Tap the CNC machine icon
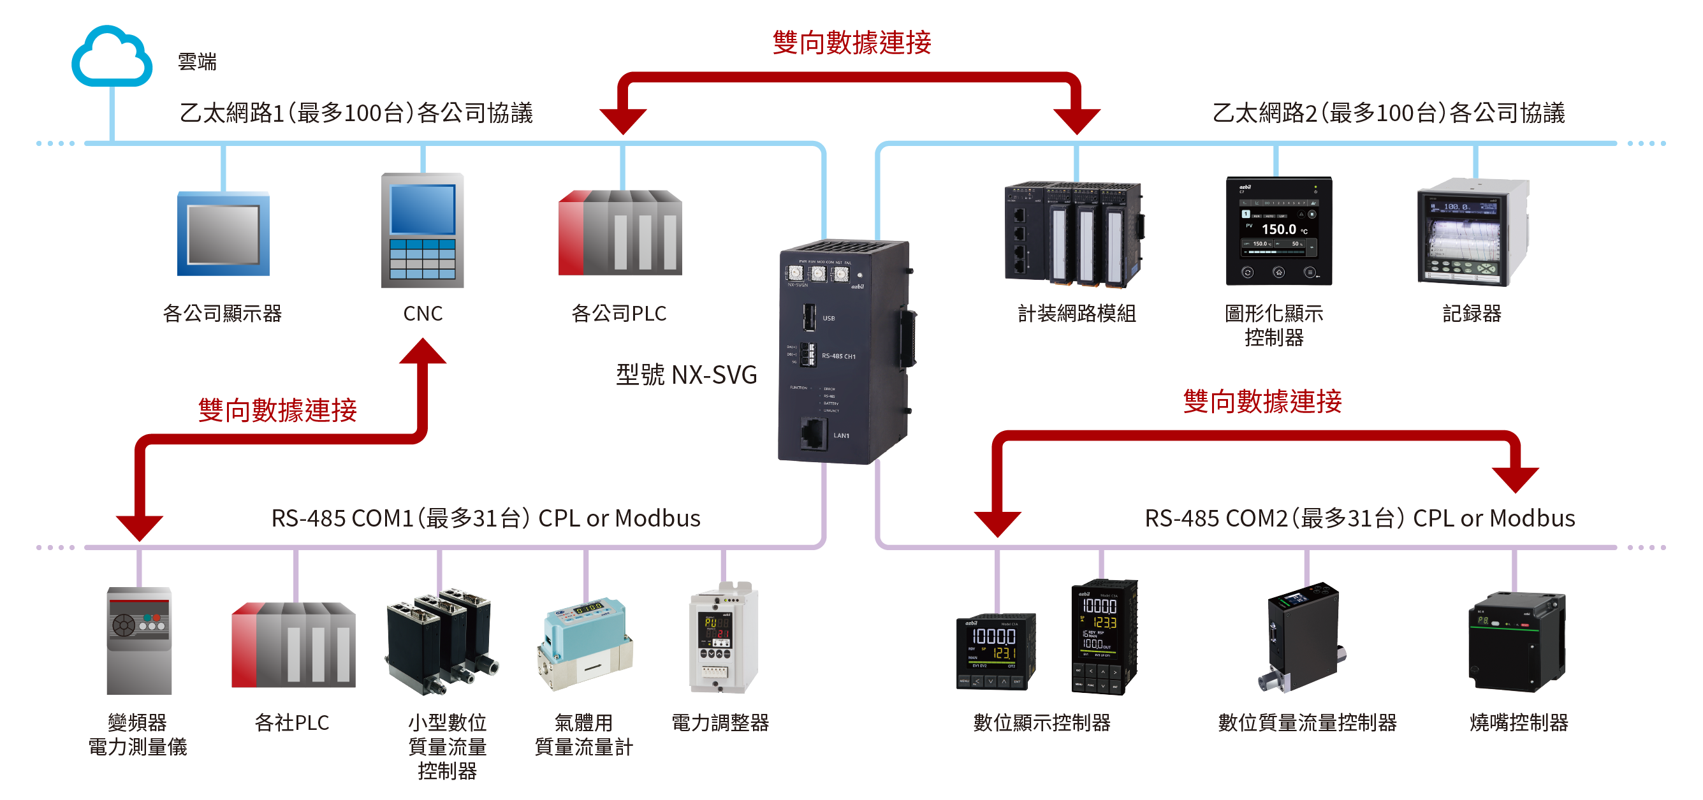[x=423, y=230]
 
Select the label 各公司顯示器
[x=222, y=314]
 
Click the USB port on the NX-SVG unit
[x=808, y=317]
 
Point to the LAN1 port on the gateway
[x=814, y=433]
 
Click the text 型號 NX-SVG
[x=686, y=375]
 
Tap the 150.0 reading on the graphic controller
[x=1278, y=229]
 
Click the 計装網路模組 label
[x=1076, y=314]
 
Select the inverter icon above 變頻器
[x=139, y=640]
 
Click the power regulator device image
[x=722, y=637]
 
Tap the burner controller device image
[x=1517, y=641]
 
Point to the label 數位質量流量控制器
[x=1307, y=723]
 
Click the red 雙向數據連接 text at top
[x=852, y=43]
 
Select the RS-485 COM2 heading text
[x=1359, y=518]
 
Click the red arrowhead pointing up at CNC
[x=423, y=351]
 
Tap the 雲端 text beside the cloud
[x=197, y=62]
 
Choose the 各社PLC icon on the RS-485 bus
[x=293, y=644]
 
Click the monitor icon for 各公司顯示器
[x=223, y=233]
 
